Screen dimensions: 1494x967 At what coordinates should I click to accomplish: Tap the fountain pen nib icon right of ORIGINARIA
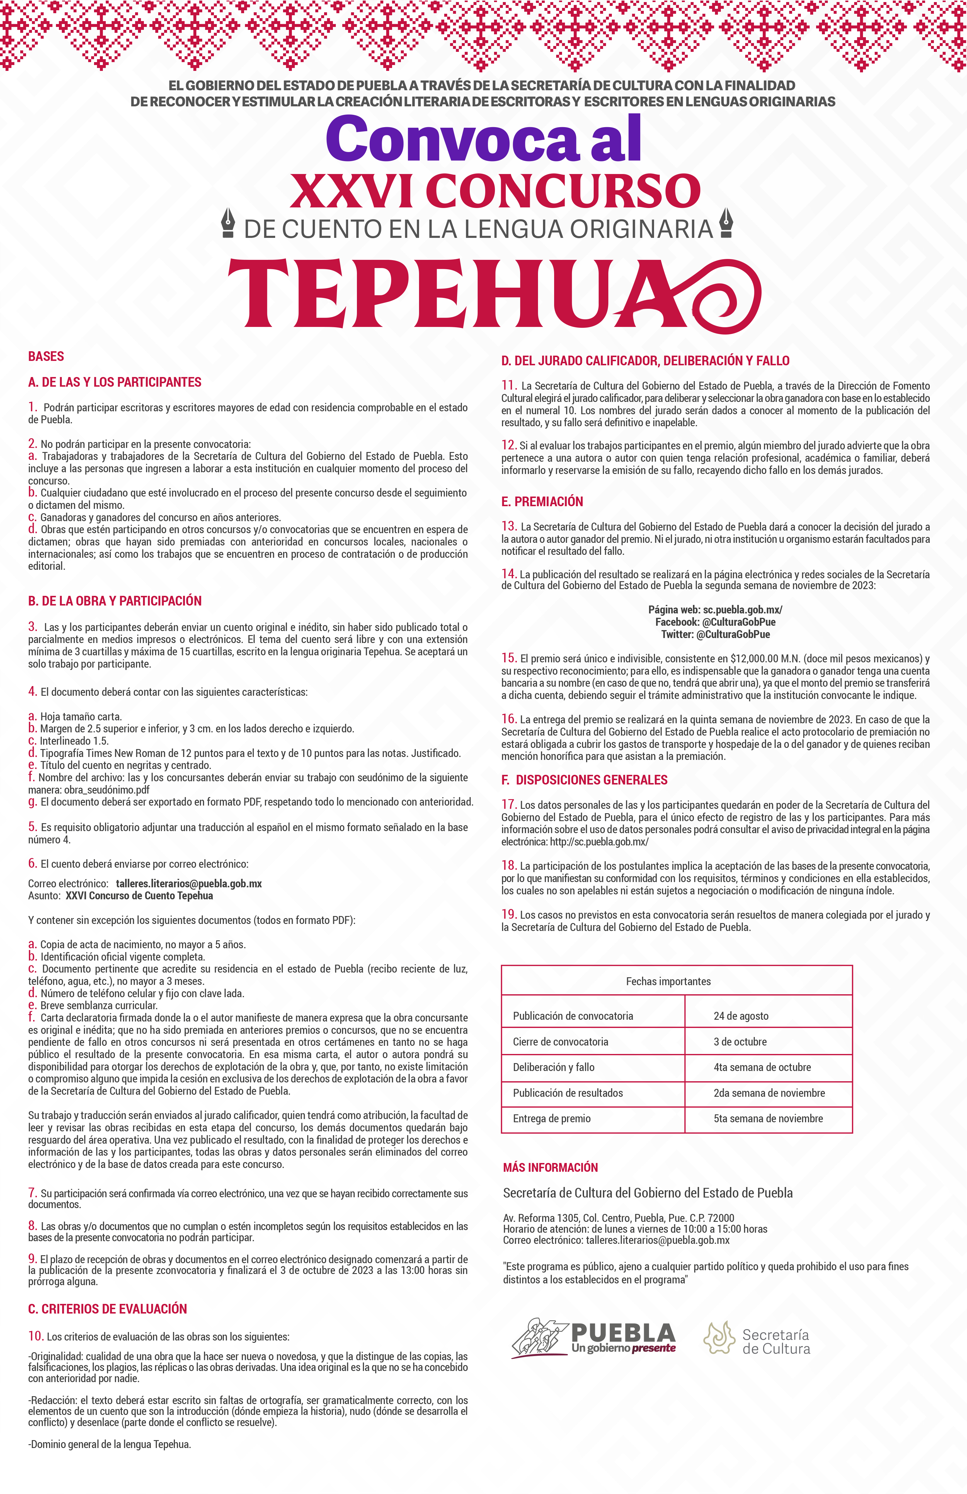[726, 224]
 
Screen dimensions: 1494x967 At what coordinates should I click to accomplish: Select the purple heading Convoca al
[483, 139]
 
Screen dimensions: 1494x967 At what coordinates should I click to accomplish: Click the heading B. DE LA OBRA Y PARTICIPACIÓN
[115, 601]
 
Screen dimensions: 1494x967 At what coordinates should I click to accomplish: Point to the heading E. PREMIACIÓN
[542, 502]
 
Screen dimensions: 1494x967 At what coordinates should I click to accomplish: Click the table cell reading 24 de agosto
[741, 1016]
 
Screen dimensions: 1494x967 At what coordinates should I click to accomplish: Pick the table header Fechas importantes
[668, 981]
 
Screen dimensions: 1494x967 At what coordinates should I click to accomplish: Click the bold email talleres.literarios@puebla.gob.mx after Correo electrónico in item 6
[189, 883]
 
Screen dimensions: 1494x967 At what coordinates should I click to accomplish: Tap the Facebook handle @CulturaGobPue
[738, 622]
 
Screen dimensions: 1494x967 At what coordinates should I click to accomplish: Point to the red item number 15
[509, 658]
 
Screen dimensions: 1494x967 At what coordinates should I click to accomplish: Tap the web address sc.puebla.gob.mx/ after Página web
[742, 610]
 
